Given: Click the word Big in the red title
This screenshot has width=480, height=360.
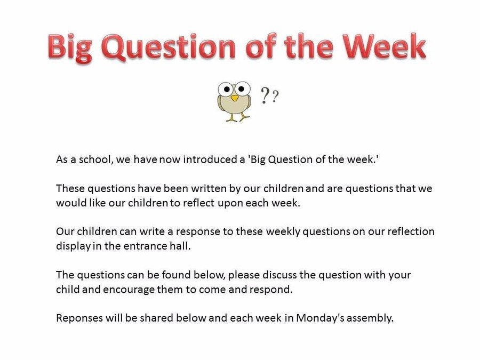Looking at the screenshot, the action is [70, 47].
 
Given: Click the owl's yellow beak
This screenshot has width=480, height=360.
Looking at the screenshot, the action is [235, 98].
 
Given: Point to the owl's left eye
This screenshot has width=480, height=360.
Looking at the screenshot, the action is [226, 89].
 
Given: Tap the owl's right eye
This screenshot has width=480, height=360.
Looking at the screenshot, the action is [242, 89].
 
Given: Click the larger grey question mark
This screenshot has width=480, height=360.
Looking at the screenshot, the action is [265, 95].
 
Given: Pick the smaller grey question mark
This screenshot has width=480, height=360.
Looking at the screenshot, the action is [275, 96].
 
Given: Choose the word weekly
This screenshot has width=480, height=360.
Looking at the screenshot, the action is [283, 232].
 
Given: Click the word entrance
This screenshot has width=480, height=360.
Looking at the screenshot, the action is [145, 246].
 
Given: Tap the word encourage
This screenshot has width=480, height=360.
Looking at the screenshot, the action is [129, 290].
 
